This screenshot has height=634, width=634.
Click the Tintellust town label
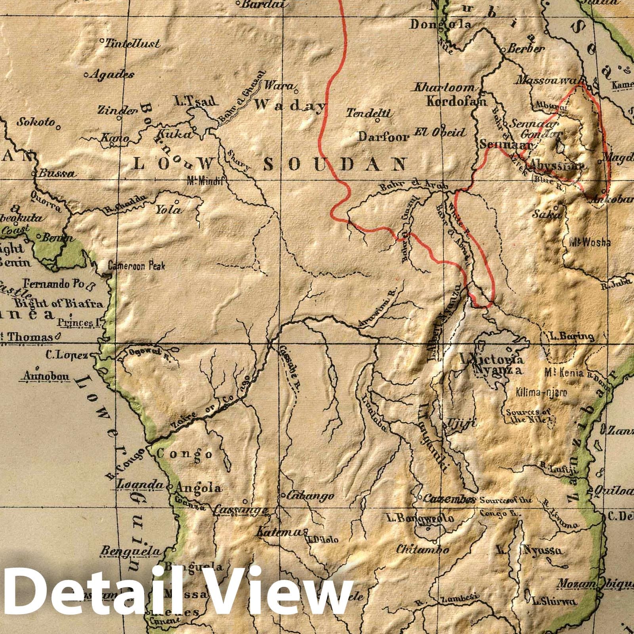pos(133,43)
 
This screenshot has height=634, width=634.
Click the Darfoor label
pos(384,137)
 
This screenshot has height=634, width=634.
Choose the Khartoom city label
pos(444,88)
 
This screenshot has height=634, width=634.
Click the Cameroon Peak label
pos(136,266)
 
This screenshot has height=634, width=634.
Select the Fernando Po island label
pos(52,284)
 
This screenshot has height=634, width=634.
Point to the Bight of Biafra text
pos(59,304)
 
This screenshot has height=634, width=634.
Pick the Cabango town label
pos(310,496)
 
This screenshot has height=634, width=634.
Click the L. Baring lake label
pos(572,337)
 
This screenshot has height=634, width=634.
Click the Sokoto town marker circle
pos(58,127)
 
